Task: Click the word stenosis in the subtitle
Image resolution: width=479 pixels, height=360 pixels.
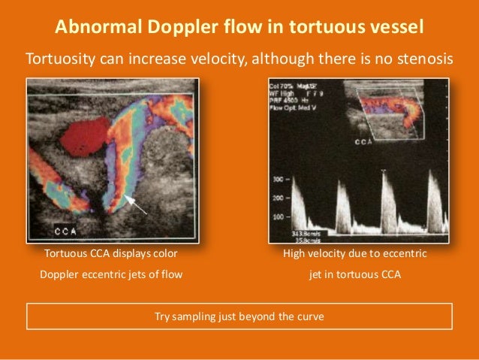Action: tap(425, 58)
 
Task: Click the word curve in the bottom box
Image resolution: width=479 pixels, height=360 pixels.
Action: tap(309, 316)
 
